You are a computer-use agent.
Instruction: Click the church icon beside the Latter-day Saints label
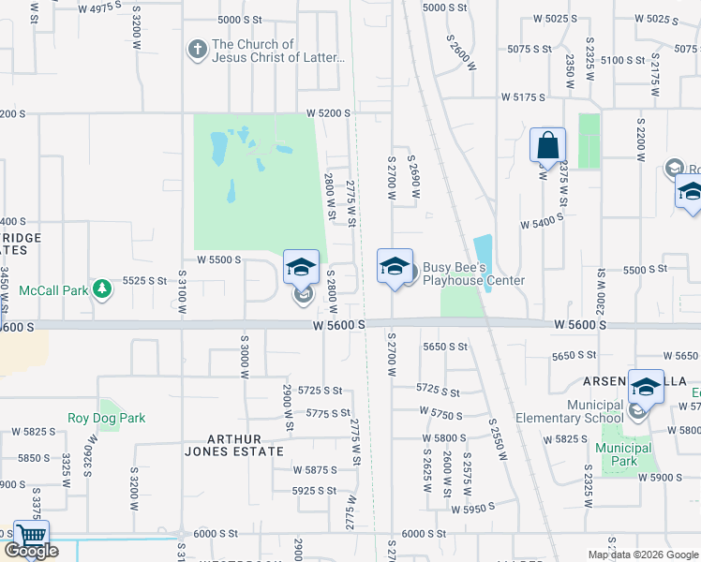pos(197,51)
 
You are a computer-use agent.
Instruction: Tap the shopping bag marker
pos(547,146)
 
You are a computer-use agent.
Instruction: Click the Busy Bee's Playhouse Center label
pos(472,274)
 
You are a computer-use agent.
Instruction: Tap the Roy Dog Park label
pos(106,418)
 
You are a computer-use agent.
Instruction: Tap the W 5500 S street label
pos(218,259)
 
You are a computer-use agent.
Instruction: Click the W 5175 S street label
pos(523,96)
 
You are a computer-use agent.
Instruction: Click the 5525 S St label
pos(144,280)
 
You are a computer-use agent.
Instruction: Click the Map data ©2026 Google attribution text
pos(642,555)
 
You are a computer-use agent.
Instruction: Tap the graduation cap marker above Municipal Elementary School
pos(646,386)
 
